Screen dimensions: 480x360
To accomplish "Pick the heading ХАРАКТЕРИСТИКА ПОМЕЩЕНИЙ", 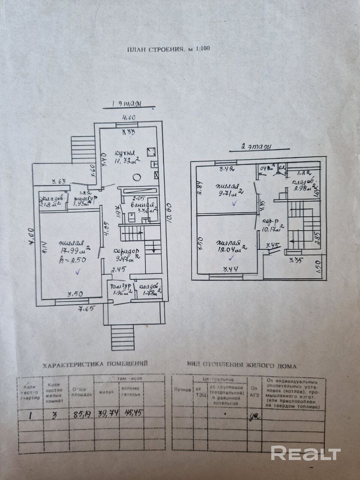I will tap(95, 364).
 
